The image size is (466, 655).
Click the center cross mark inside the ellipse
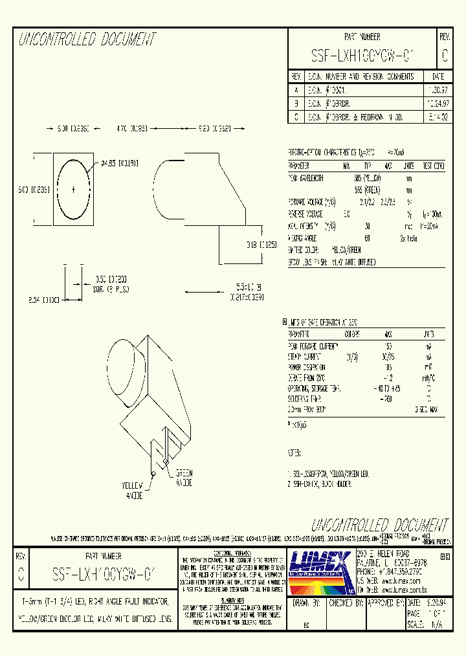[72, 189]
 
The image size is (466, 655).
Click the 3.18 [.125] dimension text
[260, 245]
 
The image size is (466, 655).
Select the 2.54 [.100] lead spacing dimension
[45, 300]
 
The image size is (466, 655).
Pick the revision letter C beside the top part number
[444, 56]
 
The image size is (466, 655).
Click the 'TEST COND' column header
[432, 166]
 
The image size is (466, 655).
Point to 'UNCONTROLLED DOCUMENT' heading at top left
[87, 40]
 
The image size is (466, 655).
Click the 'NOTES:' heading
[294, 454]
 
